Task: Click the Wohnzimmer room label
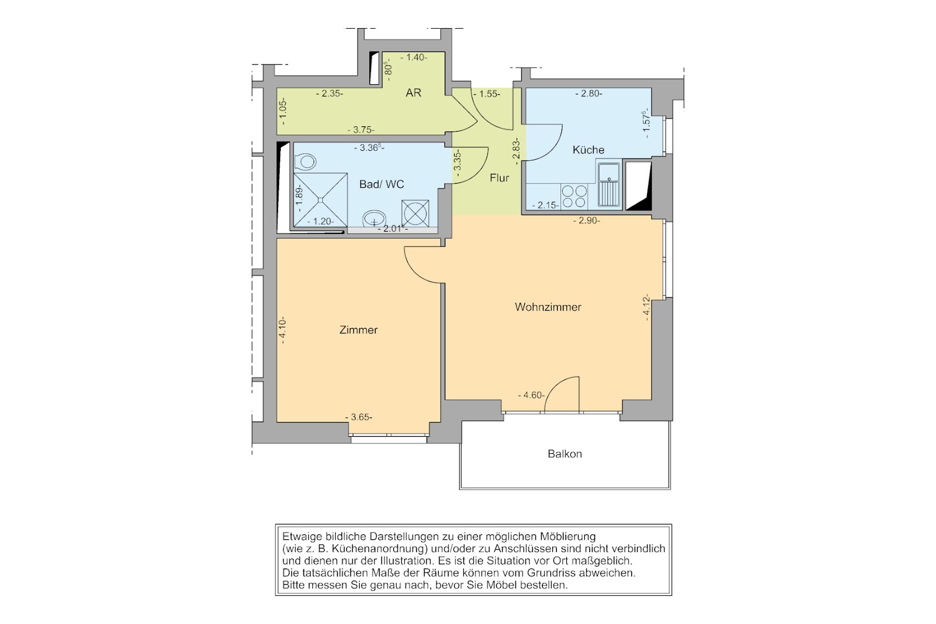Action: (x=548, y=307)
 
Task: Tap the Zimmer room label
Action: (x=358, y=330)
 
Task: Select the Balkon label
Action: (x=565, y=454)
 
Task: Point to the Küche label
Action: (x=588, y=150)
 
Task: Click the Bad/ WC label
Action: (x=381, y=184)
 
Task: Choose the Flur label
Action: (x=499, y=178)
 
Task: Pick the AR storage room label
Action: (x=413, y=93)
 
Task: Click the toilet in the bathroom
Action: (x=304, y=161)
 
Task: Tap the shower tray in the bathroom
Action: (x=320, y=199)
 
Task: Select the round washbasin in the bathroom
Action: (x=374, y=218)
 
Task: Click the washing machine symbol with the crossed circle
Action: (x=415, y=213)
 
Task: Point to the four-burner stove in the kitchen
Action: (x=574, y=196)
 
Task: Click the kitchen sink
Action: (x=608, y=185)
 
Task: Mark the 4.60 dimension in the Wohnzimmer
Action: (x=531, y=395)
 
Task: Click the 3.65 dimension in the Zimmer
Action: (x=359, y=417)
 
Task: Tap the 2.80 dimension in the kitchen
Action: (x=589, y=94)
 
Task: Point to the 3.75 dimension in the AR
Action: (x=361, y=129)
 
